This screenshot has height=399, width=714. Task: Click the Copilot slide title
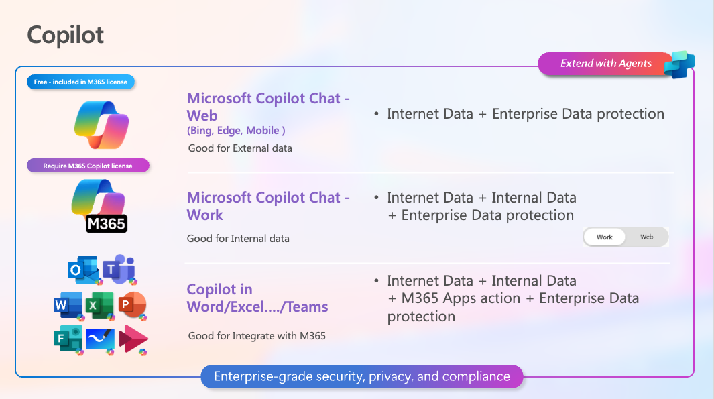click(x=66, y=35)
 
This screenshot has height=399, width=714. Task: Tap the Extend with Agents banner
click(x=605, y=63)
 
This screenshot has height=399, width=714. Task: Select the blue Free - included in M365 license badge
click(x=80, y=82)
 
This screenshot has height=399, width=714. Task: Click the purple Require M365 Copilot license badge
click(x=88, y=166)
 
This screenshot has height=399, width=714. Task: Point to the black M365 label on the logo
click(x=106, y=223)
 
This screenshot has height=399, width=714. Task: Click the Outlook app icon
click(x=83, y=270)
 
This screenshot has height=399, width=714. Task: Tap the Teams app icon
click(x=119, y=269)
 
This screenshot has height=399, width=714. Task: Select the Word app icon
click(x=68, y=306)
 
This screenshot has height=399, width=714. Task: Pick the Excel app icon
click(x=100, y=306)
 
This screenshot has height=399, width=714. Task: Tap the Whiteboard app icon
click(x=100, y=340)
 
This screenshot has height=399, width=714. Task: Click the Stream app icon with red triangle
click(x=133, y=340)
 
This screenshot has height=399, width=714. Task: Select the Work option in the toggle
click(x=604, y=237)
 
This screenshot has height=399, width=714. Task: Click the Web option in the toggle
click(x=646, y=237)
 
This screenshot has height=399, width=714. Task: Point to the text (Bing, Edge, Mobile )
click(x=236, y=131)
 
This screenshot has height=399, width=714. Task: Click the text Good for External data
click(x=240, y=148)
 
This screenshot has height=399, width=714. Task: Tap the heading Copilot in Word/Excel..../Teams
click(x=257, y=298)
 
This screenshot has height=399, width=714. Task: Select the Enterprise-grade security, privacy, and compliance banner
click(x=362, y=376)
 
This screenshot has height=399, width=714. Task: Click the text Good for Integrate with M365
click(x=257, y=336)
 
